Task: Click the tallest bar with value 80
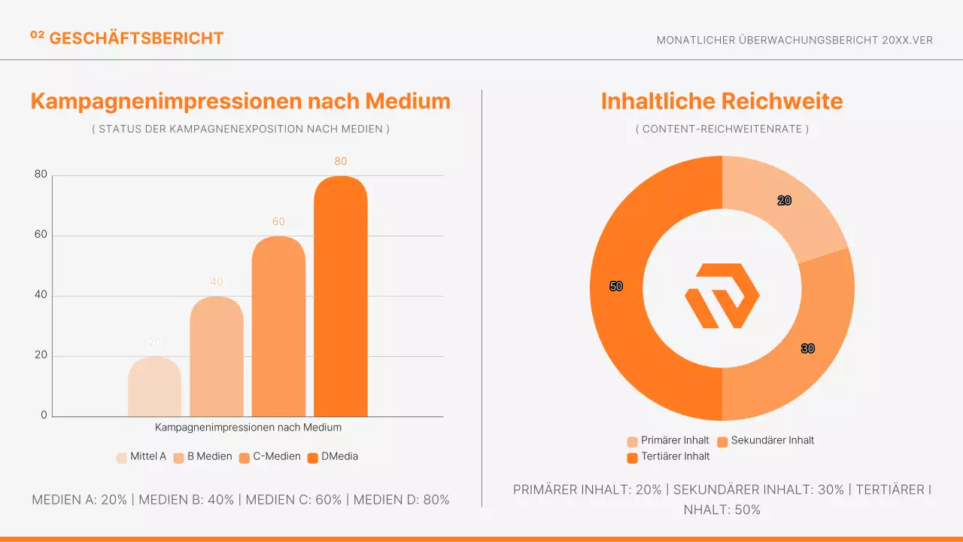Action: (x=340, y=297)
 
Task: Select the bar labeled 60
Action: (x=278, y=327)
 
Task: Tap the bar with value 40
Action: (x=217, y=358)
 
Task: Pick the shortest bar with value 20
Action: (x=154, y=388)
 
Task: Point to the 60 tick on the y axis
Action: (x=41, y=235)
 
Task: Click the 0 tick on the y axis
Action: (x=44, y=416)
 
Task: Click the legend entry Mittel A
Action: (x=141, y=456)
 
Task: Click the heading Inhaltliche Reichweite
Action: (x=721, y=101)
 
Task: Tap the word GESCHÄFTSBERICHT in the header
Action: (x=136, y=38)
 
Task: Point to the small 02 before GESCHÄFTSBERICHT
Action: (x=37, y=35)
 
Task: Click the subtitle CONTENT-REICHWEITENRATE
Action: (x=721, y=129)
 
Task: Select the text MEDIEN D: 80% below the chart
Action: (x=401, y=500)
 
